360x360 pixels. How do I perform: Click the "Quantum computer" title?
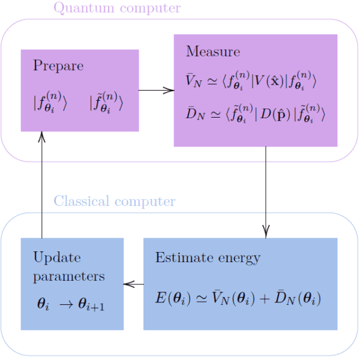pyautogui.click(x=116, y=8)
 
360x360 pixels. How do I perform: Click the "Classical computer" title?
pyautogui.click(x=115, y=201)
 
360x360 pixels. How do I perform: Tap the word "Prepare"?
pyautogui.click(x=58, y=65)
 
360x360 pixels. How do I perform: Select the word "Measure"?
pyautogui.click(x=213, y=51)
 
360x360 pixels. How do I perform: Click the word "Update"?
pyautogui.click(x=56, y=257)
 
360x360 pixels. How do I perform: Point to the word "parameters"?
pyautogui.click(x=69, y=276)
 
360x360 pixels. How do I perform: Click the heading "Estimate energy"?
pyautogui.click(x=208, y=257)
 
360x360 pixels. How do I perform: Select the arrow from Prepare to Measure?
pyautogui.click(x=156, y=91)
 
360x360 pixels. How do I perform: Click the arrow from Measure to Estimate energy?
pyautogui.click(x=266, y=192)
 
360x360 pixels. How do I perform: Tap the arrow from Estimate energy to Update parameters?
pyautogui.click(x=133, y=284)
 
